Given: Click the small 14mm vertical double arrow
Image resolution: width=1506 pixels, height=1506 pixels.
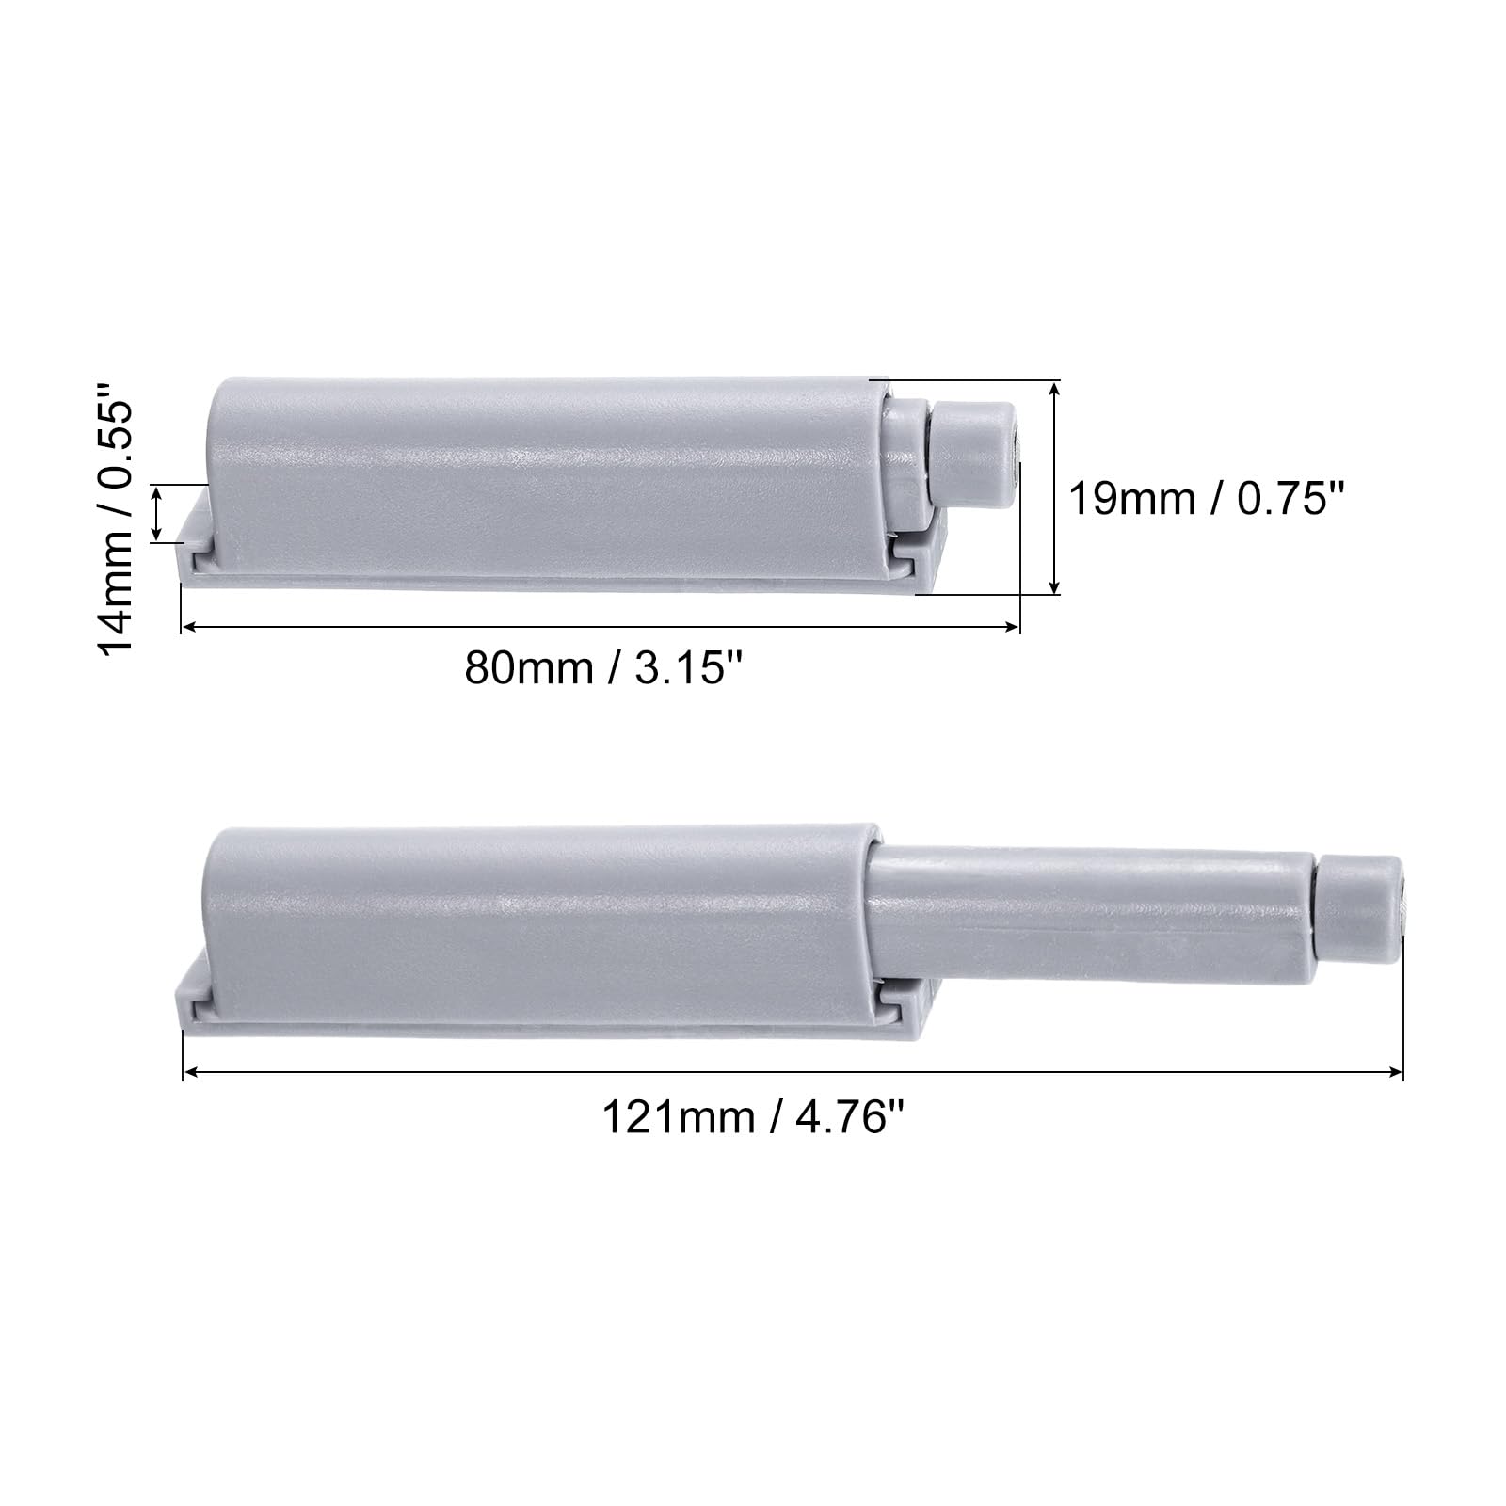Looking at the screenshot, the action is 157,513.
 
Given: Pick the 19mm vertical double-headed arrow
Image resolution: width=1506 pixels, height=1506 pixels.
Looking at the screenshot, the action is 1055,488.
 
